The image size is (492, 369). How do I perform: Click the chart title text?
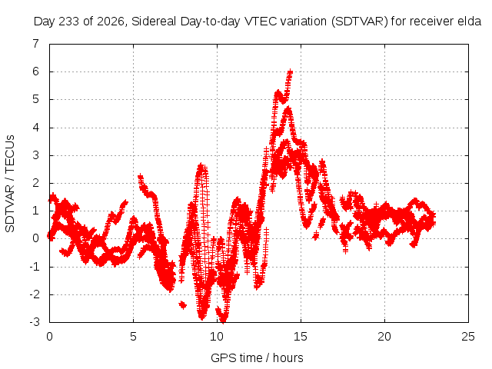point(258,22)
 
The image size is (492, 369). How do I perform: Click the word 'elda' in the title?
point(470,21)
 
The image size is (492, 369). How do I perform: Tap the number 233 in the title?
point(69,22)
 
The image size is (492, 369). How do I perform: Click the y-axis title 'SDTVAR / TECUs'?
point(10,184)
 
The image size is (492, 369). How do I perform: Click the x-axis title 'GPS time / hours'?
point(257,357)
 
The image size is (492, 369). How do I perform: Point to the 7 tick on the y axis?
point(36,44)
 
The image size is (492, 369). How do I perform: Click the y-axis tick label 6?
point(36,71)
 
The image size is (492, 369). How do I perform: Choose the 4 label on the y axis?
point(36,128)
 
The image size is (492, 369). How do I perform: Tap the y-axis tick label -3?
point(35,322)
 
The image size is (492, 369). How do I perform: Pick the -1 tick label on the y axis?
point(35,267)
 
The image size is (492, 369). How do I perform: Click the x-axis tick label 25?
point(468,337)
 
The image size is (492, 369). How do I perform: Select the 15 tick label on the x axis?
point(301,337)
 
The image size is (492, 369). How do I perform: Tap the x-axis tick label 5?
point(133,337)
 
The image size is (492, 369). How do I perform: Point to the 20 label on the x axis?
point(384,337)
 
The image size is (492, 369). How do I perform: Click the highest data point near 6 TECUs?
point(290,71)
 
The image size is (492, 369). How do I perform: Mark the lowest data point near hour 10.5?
point(223,321)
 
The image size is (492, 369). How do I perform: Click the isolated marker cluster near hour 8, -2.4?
point(183,304)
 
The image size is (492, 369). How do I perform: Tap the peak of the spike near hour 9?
point(201,165)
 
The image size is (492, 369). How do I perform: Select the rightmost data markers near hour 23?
point(434,219)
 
